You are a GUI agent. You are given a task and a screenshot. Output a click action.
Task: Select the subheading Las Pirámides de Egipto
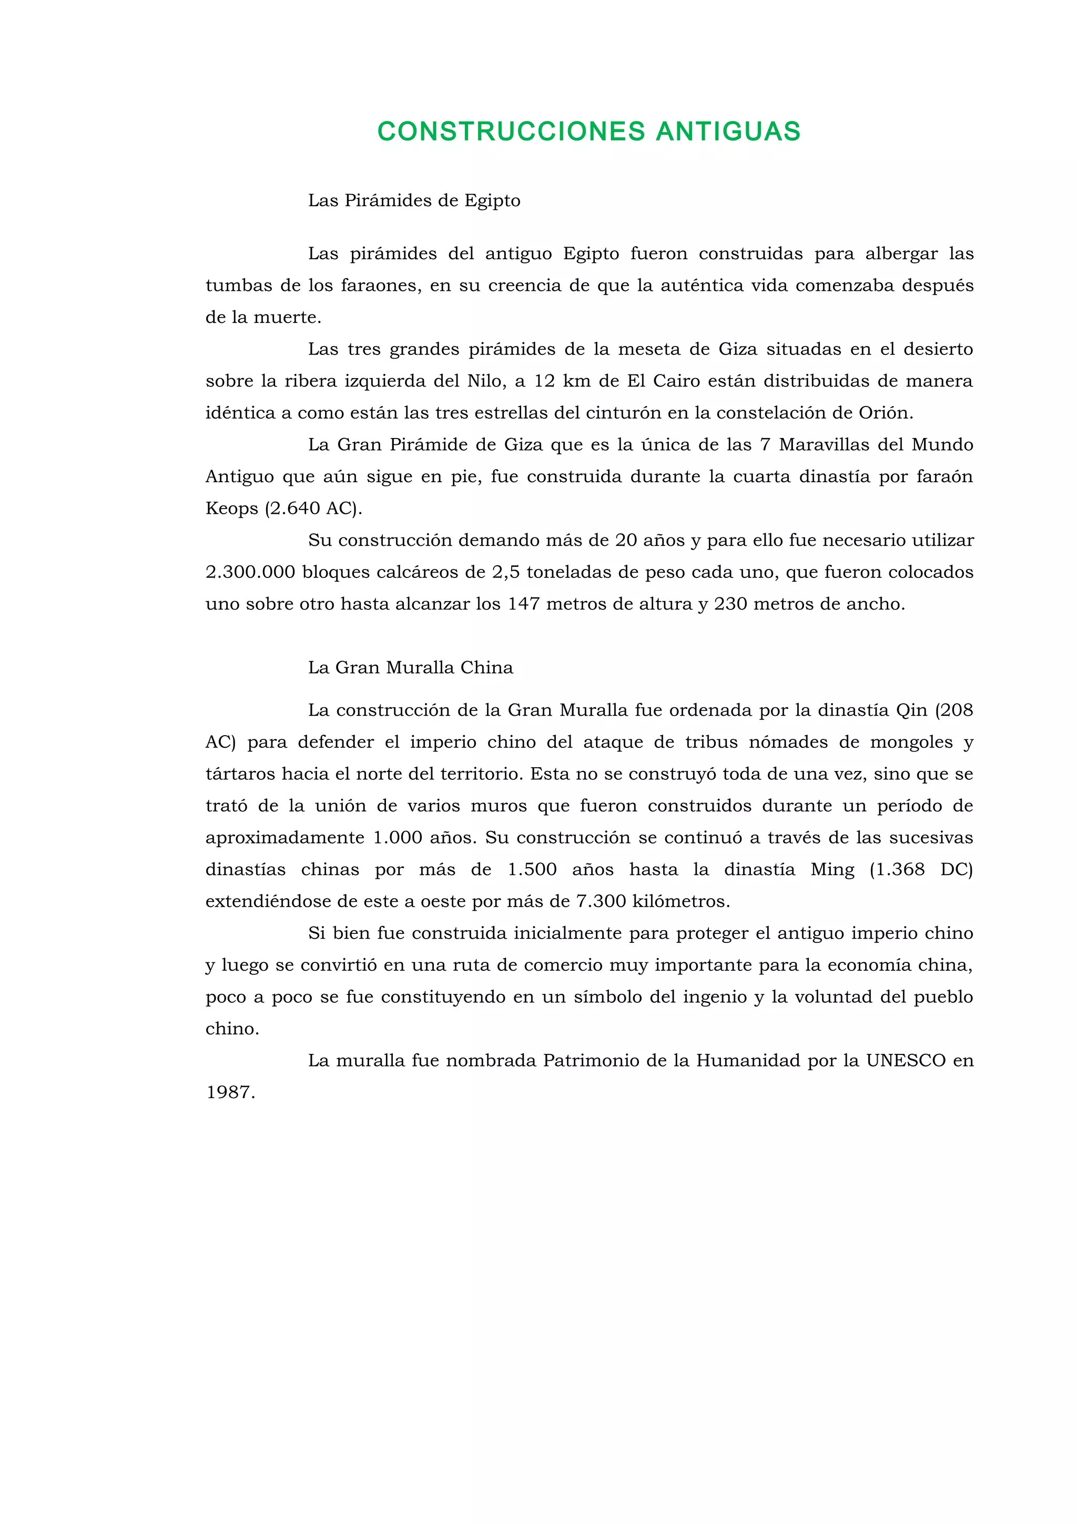click(x=414, y=200)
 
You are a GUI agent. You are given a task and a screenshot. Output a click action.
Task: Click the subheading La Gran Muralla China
click(x=410, y=668)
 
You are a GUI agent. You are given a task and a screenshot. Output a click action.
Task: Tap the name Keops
click(x=231, y=509)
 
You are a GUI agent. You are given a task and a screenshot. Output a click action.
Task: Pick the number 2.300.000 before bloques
click(x=250, y=572)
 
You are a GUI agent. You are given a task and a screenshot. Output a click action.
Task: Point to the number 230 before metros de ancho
click(x=730, y=604)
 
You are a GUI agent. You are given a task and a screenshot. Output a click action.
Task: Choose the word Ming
click(x=832, y=869)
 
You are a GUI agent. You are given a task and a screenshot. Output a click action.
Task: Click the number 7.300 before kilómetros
click(x=601, y=901)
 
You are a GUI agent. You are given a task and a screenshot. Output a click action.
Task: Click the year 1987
click(x=230, y=1093)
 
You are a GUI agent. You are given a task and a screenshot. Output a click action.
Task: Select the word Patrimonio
click(x=591, y=1061)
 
